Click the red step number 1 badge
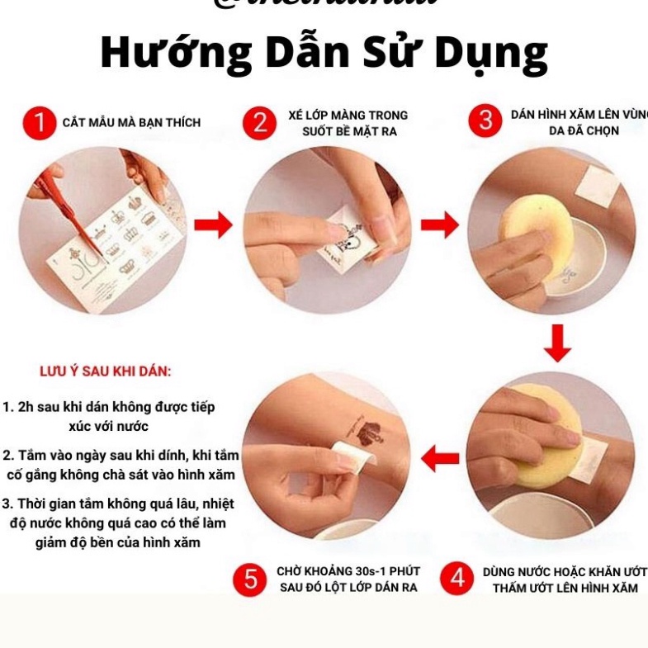(x=38, y=123)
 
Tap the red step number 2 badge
(x=260, y=123)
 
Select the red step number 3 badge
(x=485, y=121)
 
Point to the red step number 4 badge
(x=456, y=579)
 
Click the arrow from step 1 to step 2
(x=214, y=225)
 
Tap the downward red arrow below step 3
(x=558, y=343)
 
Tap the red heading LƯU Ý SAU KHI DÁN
(x=106, y=371)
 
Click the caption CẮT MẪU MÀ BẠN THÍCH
(x=131, y=123)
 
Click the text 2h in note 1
(x=26, y=407)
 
